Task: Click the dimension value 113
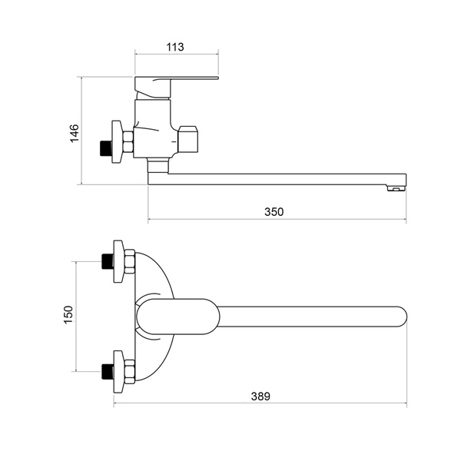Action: [175, 47]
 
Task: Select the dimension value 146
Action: [75, 134]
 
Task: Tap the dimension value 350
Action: [274, 212]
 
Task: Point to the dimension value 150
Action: [68, 315]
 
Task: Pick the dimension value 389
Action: [260, 396]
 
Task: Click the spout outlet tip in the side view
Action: [396, 188]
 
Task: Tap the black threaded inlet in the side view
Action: [105, 148]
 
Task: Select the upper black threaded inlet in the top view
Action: [106, 261]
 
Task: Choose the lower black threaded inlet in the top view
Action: [106, 372]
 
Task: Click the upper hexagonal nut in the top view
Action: [129, 262]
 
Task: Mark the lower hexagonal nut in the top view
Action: [129, 372]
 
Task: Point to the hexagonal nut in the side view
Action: [128, 141]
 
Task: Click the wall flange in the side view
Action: [117, 141]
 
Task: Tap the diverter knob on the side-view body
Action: [188, 140]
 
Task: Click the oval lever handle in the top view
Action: [178, 317]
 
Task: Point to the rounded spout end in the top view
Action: [401, 317]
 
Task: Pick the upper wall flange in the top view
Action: [118, 262]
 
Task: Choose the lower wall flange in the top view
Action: [118, 372]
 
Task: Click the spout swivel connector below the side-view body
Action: [158, 166]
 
